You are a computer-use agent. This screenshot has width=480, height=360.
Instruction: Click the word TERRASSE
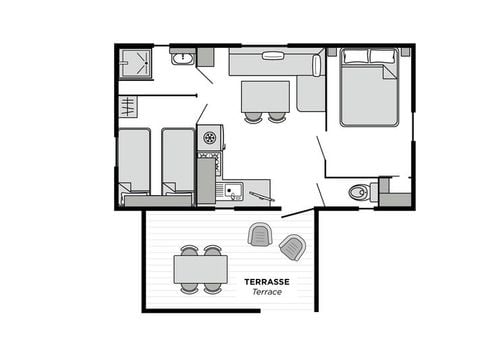click(267, 282)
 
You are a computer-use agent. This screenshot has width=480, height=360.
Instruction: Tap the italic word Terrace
click(267, 292)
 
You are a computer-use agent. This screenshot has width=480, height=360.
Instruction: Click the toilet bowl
click(358, 192)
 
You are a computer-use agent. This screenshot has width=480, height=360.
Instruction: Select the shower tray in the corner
click(135, 63)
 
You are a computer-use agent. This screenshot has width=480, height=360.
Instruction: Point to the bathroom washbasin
click(182, 58)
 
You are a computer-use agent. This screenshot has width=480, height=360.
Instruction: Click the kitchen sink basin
click(233, 190)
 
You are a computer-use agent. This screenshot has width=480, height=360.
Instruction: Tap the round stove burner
click(210, 137)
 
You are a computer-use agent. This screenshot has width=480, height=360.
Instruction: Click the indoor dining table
click(265, 97)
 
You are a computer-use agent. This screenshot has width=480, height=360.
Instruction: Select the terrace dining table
click(201, 269)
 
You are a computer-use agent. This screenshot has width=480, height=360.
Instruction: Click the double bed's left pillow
click(356, 56)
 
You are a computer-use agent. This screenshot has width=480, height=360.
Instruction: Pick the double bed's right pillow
click(384, 56)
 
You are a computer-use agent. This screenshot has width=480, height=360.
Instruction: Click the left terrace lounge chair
click(260, 234)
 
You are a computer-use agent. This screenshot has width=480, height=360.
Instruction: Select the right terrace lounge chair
click(293, 247)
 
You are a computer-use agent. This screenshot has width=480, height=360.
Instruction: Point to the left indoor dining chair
click(253, 117)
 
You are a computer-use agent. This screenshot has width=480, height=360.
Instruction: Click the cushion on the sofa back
click(273, 55)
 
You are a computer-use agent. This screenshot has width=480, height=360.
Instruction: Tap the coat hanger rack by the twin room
click(128, 107)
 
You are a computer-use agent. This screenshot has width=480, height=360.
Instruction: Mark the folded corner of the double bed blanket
click(390, 72)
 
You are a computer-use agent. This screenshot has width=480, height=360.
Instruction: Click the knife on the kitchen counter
click(262, 196)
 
